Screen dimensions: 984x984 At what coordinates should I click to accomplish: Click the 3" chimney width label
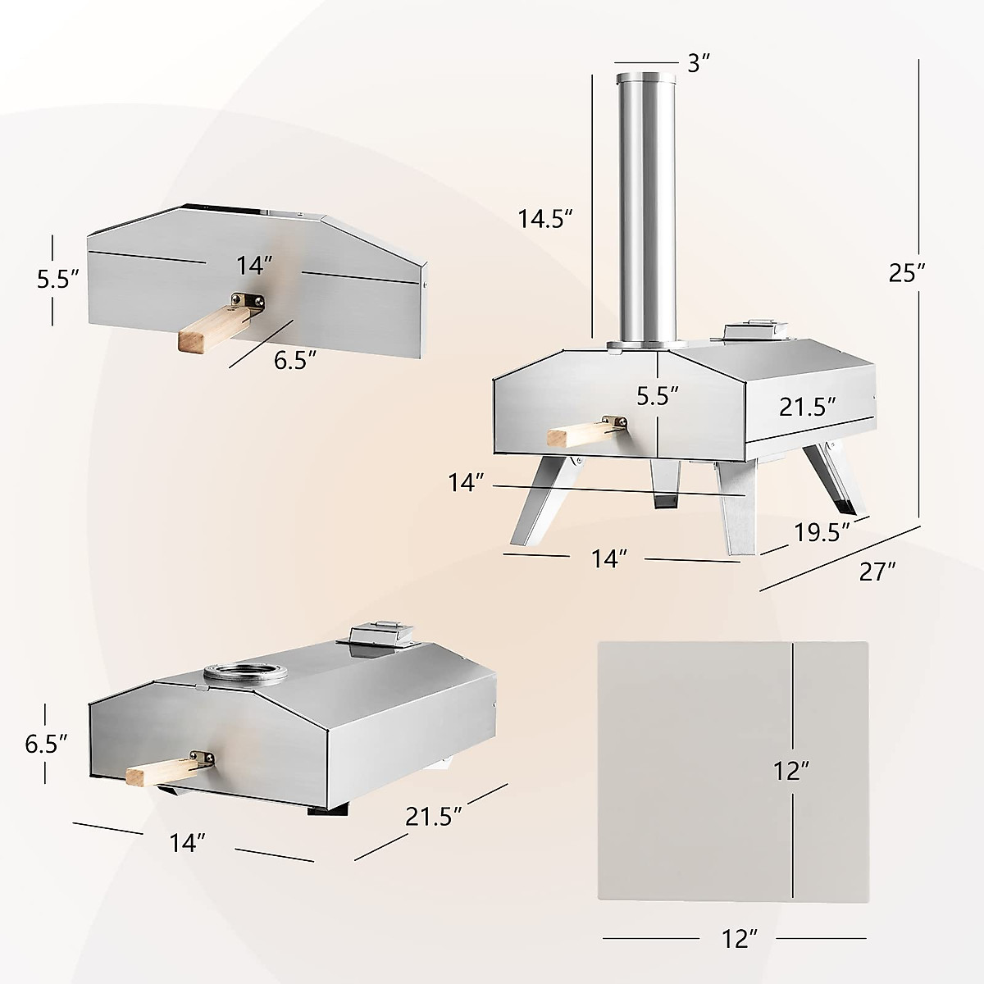pyautogui.click(x=699, y=63)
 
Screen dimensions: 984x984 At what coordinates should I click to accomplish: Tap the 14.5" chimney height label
pyautogui.click(x=544, y=219)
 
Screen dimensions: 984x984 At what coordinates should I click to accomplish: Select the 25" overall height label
pyautogui.click(x=908, y=272)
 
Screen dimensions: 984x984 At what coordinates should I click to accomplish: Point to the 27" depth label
pyautogui.click(x=877, y=571)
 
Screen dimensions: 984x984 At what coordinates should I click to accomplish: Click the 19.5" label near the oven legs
pyautogui.click(x=821, y=532)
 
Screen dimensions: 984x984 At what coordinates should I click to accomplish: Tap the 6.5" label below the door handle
pyautogui.click(x=295, y=362)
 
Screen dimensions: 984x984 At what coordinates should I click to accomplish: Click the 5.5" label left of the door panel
pyautogui.click(x=57, y=279)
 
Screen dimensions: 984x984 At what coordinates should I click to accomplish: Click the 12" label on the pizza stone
pyautogui.click(x=791, y=770)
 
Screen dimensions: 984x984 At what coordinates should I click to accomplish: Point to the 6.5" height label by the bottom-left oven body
pyautogui.click(x=46, y=744)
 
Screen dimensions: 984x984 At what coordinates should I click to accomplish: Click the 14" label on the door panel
pyautogui.click(x=254, y=264)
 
